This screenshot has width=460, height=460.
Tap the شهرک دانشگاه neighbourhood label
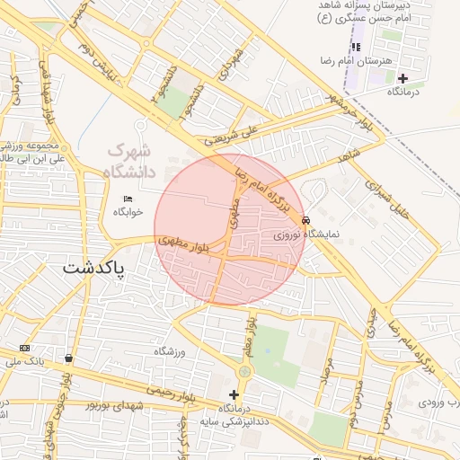coord(129,161)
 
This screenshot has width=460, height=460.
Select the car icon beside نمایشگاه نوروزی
coord(306,220)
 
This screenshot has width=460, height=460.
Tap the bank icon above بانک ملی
coord(23,348)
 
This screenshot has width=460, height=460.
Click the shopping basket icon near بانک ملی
coord(69,358)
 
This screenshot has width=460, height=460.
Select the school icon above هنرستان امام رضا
coord(356,46)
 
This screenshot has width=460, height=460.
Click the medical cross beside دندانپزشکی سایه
coord(234,394)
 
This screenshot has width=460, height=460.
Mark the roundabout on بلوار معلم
coord(244,371)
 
